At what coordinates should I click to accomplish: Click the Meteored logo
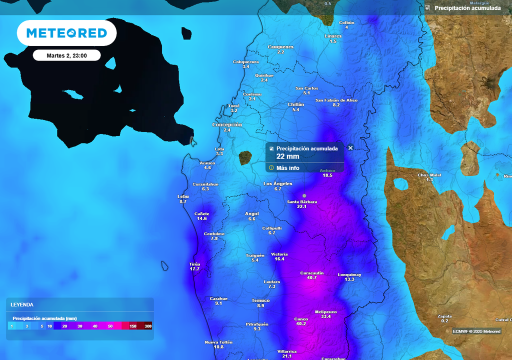66,33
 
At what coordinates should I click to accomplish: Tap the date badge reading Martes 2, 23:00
66,55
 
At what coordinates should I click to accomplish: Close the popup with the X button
350,148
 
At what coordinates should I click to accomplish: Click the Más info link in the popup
287,168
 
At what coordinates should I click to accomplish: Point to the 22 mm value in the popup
287,156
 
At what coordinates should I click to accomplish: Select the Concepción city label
227,124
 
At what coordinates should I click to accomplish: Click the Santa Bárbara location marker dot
304,195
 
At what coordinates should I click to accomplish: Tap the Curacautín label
312,272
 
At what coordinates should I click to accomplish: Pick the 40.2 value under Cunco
301,323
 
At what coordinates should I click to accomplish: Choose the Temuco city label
260,300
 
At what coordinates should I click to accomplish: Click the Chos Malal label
429,175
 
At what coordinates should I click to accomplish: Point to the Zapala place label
444,316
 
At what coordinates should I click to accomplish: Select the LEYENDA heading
22,304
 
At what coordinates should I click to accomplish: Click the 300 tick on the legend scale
148,326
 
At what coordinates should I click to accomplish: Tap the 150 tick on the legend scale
133,326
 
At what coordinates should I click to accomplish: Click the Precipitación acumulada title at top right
467,8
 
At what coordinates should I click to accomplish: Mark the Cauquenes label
280,47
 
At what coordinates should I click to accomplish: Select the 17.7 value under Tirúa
194,269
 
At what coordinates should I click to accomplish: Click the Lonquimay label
349,274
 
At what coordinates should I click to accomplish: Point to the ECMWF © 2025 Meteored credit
476,331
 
